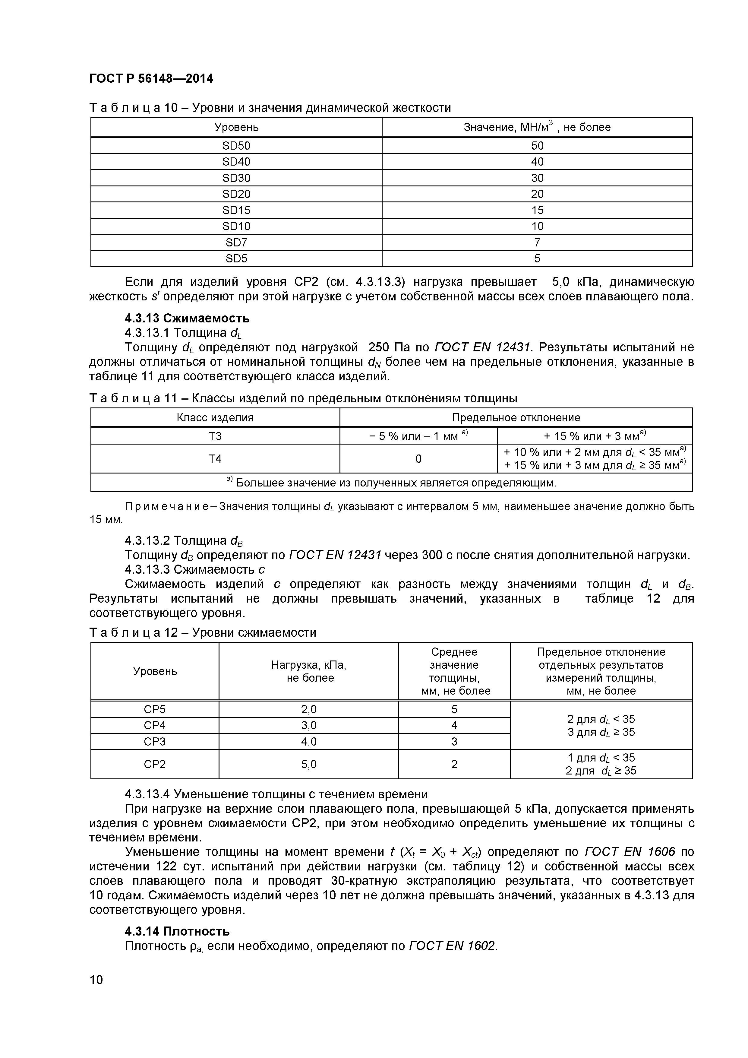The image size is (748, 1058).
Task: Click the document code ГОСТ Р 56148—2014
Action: pyautogui.click(x=151, y=79)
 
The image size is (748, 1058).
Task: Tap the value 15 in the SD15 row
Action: pyautogui.click(x=537, y=210)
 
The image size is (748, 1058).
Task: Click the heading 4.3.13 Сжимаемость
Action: pyautogui.click(x=187, y=318)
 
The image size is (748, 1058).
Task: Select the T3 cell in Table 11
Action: pyautogui.click(x=215, y=436)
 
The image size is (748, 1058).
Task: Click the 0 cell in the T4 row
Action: pyautogui.click(x=418, y=458)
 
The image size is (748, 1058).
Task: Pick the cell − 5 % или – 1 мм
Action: pyautogui.click(x=418, y=436)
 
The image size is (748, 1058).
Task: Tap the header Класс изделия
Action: pyautogui.click(x=215, y=417)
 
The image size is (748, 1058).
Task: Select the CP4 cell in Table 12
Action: pyautogui.click(x=155, y=725)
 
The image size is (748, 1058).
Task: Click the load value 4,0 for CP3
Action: pyautogui.click(x=309, y=741)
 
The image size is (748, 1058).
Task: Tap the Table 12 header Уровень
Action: pyautogui.click(x=155, y=671)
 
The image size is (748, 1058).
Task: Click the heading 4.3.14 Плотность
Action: pyautogui.click(x=177, y=931)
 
